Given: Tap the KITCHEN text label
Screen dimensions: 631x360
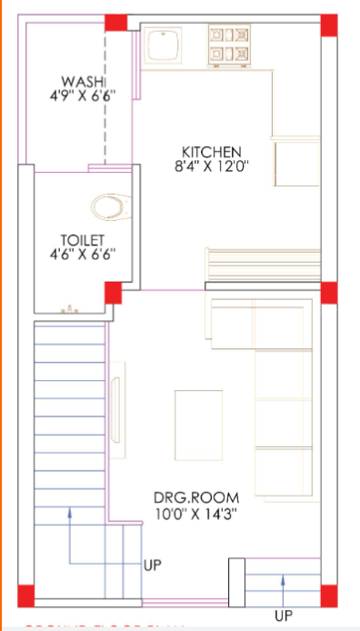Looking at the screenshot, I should point(210,151).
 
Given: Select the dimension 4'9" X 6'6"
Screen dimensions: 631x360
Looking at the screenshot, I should point(76,95).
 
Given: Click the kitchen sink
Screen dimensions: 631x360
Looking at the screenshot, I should point(164,46).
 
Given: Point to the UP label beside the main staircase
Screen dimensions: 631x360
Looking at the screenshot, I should point(153,565).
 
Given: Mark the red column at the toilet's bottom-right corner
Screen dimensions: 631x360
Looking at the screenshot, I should point(114,294).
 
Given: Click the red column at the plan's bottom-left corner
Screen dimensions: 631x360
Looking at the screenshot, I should point(25,596).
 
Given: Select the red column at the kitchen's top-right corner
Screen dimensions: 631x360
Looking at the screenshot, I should point(328,25).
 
